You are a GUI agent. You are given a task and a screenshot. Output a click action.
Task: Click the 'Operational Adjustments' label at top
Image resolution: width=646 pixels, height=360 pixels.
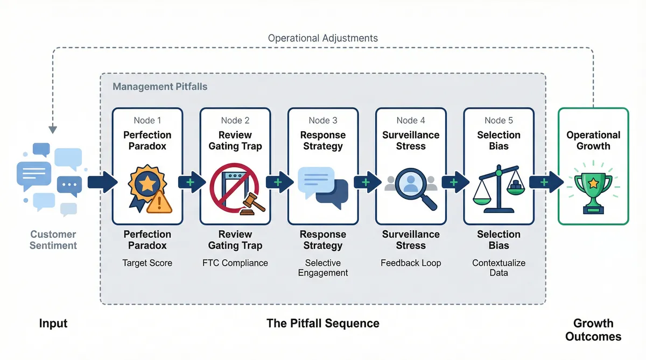coord(323,38)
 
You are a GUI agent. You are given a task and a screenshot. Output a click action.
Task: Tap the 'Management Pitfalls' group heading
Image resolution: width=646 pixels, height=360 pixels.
coord(160,86)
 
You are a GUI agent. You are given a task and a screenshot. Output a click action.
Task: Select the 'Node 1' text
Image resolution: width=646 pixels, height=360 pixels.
coord(147,121)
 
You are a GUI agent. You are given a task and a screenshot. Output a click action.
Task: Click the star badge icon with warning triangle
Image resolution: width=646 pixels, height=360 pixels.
coord(147,189)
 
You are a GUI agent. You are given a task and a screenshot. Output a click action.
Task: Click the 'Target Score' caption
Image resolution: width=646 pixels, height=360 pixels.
coord(147,263)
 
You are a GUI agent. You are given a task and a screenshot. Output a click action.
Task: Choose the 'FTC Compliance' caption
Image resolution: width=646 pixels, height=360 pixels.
coord(235,263)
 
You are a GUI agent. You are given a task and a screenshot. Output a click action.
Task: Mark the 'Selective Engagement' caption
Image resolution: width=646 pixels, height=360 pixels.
coord(322,267)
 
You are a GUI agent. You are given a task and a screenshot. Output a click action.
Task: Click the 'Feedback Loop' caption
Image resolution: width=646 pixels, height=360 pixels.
coord(410,263)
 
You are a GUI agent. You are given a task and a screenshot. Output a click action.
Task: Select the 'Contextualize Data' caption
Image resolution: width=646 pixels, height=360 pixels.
coord(498,267)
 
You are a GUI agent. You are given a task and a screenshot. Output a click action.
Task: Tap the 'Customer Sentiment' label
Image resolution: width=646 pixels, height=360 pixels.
coord(53,240)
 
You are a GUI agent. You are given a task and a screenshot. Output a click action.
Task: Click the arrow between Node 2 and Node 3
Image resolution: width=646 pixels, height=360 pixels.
coord(278,182)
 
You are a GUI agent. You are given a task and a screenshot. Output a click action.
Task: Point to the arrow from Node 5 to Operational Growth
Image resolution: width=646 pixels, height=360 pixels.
coord(543,182)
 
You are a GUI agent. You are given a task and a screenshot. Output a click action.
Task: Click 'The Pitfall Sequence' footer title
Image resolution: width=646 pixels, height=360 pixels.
coord(323,323)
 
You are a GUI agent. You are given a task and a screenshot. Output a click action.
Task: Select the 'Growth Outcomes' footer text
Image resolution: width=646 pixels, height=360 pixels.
coord(593,330)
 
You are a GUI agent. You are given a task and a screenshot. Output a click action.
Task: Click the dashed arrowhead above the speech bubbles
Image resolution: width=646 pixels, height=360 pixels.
coord(53,129)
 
